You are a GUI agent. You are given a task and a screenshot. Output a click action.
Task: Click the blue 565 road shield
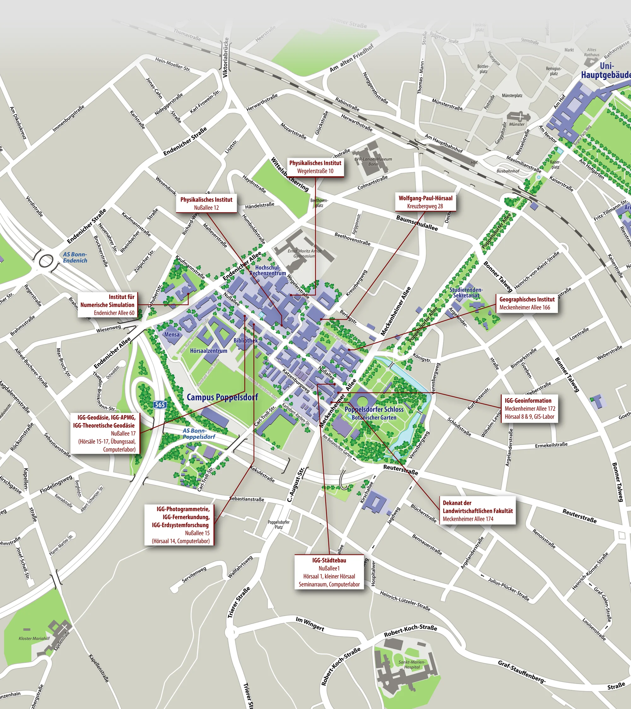click(x=160, y=405)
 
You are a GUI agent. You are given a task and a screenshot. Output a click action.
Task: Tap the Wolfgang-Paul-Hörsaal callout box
click(x=425, y=202)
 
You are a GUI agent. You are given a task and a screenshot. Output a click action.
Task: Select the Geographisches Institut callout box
click(x=527, y=303)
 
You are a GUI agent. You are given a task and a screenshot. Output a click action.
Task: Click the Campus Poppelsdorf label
click(x=222, y=397)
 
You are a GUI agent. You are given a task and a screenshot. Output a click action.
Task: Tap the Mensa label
click(x=172, y=334)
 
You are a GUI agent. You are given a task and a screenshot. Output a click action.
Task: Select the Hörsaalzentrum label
click(x=208, y=351)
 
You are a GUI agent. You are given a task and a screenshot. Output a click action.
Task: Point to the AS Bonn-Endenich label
click(x=75, y=257)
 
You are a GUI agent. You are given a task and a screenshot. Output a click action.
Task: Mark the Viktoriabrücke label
click(x=226, y=58)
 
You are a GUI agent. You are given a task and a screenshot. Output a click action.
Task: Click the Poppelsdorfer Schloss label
click(x=374, y=409)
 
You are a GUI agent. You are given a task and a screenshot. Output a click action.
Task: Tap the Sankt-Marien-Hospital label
click(x=411, y=665)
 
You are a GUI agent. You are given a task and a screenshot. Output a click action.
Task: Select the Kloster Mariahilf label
click(x=34, y=638)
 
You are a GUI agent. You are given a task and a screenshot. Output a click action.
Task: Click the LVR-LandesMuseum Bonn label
click(x=373, y=161)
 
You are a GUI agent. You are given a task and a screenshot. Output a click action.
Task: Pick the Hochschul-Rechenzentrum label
click(x=268, y=270)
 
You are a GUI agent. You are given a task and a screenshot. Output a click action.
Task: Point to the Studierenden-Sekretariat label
click(x=466, y=292)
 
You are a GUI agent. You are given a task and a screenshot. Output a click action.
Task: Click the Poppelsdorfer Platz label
click(x=279, y=524)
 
